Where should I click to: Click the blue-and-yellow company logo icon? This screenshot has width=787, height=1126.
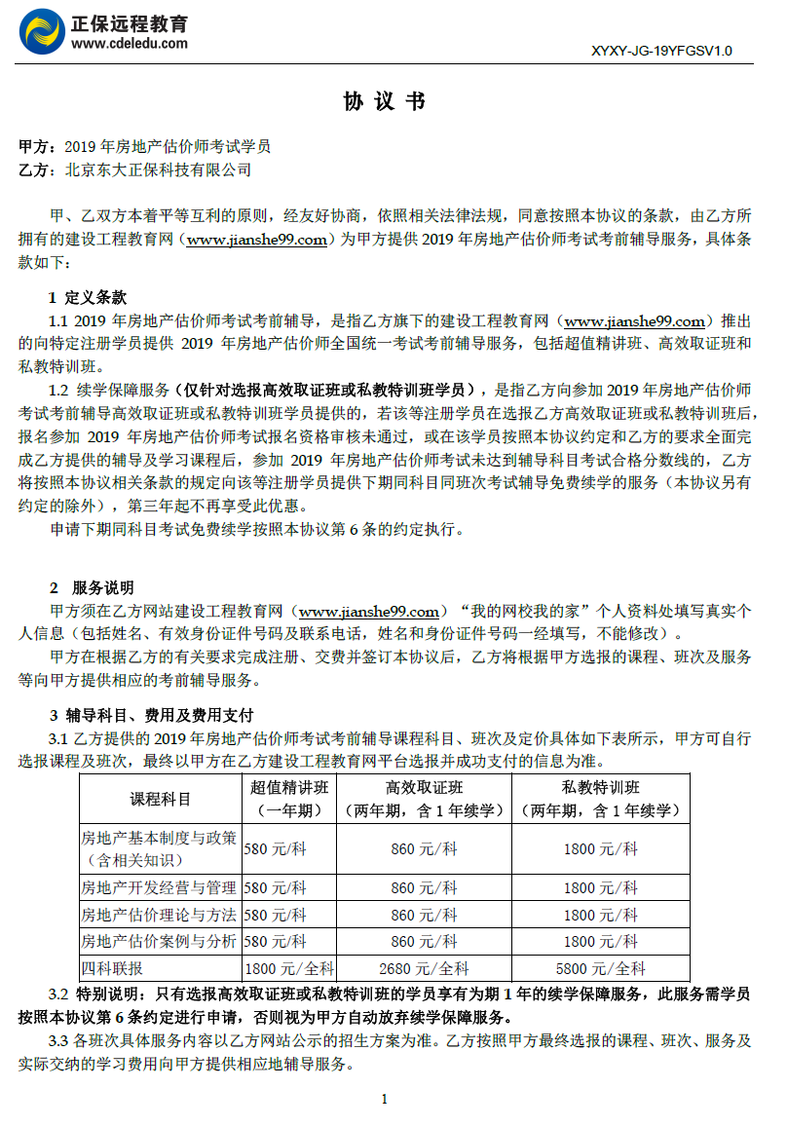point(42,32)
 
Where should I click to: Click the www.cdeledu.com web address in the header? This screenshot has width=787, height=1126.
point(130,44)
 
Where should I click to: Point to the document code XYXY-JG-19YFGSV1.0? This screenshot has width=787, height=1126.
point(661,51)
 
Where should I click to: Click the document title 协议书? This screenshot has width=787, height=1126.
point(385,102)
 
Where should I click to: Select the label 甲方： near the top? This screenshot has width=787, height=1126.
point(40,147)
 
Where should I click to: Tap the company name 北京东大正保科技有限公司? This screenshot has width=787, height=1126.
point(158,170)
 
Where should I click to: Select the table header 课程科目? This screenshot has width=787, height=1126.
point(161,799)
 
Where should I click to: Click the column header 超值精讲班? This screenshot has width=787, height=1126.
point(289,788)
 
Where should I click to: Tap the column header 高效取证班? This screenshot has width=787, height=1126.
point(424,788)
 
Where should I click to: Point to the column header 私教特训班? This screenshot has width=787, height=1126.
point(601,788)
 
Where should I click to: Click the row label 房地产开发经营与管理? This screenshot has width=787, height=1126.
point(159,887)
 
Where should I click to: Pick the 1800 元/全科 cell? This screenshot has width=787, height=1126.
point(289,968)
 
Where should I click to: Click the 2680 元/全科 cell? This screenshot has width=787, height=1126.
point(424,968)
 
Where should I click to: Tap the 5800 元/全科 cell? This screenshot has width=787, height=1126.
point(601,968)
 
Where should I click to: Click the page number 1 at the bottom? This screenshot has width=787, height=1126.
point(385,1100)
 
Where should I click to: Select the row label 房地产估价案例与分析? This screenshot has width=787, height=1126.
point(159,941)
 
